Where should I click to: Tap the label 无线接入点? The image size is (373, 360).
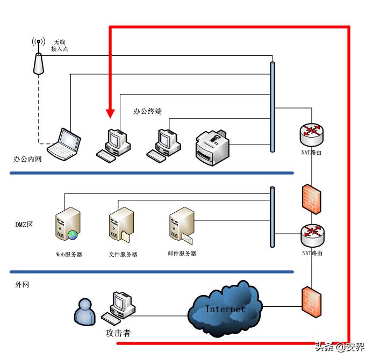coord(59,45)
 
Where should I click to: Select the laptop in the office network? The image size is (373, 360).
coord(64,144)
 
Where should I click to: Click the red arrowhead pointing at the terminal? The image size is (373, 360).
coord(110,113)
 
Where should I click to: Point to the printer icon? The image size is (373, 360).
coord(212,146)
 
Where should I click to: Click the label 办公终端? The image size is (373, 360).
coord(148,112)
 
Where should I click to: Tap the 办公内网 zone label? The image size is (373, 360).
coord(27,160)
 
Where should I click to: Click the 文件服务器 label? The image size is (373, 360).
coord(123,254)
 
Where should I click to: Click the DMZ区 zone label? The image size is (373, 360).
coord(24,225)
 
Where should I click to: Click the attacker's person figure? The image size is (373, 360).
coord(84,312)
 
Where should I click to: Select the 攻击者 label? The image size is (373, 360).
coord(118,333)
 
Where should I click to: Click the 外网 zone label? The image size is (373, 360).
coord(22,284)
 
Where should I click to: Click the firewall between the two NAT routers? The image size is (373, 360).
coord(311,199)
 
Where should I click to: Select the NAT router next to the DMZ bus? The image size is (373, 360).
coord(312,233)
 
